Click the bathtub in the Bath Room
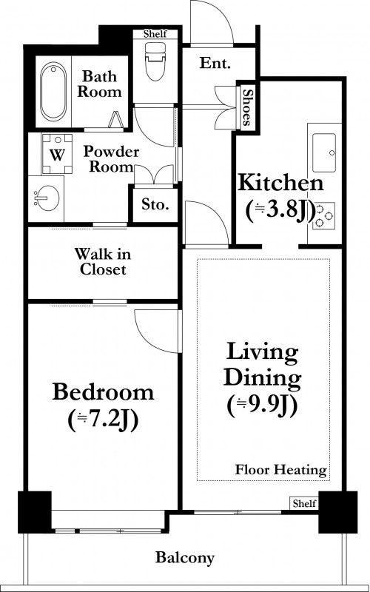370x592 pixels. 53,92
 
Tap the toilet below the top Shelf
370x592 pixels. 155,61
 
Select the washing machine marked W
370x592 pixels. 57,154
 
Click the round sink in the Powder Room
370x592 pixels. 47,198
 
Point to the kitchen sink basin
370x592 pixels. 324,152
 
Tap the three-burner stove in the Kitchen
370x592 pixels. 324,216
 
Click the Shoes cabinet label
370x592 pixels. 247,107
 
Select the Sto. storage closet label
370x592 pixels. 155,204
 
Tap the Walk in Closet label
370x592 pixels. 103,261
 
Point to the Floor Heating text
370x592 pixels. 281,470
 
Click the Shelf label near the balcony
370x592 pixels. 304,503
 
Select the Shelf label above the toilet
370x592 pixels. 155,34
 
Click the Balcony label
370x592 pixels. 185,557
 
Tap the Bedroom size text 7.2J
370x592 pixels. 103,420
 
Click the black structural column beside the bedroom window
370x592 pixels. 35,512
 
